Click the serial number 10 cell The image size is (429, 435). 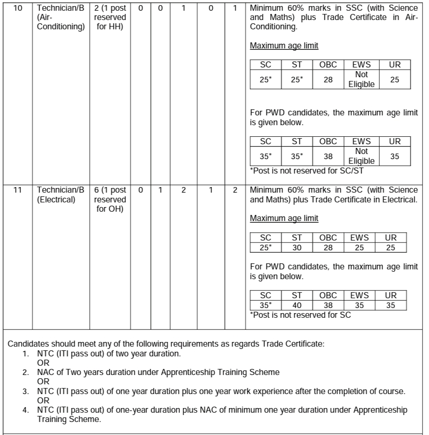tap(17, 8)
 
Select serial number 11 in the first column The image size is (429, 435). tap(17, 190)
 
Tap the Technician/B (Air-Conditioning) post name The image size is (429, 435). tap(60, 17)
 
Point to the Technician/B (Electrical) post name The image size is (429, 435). tap(60, 194)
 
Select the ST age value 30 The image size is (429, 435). tap(297, 248)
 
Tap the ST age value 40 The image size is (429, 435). tap(297, 306)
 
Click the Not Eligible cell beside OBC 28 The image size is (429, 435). tap(361, 80)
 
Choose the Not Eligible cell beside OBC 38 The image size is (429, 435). tap(361, 156)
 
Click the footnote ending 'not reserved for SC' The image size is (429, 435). tap(300, 315)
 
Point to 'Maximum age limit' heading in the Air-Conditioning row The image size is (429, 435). tap(284, 46)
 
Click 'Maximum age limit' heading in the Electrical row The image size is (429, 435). tap(284, 218)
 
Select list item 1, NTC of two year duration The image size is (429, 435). tap(109, 354)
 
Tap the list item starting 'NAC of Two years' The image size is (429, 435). tap(158, 372)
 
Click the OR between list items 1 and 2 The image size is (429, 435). tap(43, 362)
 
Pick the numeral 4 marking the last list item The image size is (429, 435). tap(26, 410)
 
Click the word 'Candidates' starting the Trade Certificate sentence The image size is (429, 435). tap(26, 344)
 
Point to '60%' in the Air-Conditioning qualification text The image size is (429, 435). tap(292, 8)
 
